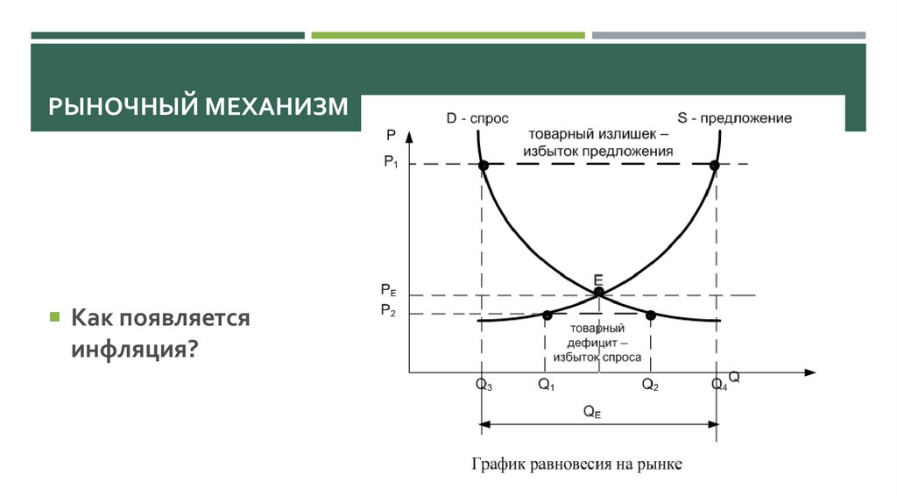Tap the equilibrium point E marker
598,292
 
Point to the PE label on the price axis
389,290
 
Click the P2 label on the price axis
389,311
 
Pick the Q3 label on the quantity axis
484,385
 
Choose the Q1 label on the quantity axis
547,385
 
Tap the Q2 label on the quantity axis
650,385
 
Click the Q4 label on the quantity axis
718,385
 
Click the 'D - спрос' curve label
477,118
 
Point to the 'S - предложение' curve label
735,118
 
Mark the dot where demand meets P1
483,165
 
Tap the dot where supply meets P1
715,165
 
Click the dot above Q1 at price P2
547,315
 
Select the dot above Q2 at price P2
651,315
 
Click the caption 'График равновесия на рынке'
576,463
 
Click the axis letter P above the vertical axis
390,134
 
